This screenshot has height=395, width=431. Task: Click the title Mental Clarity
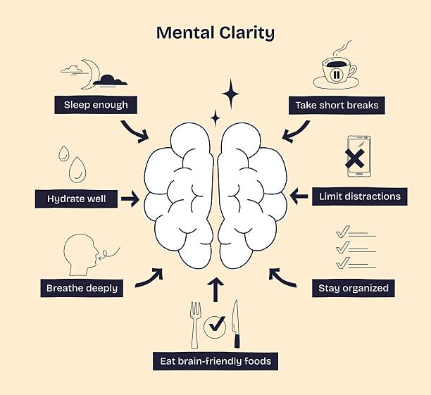point(215,33)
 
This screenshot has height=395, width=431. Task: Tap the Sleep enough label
point(96,105)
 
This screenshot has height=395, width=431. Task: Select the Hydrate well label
point(76,199)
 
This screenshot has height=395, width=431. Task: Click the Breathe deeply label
point(82,288)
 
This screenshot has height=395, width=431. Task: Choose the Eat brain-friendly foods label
point(215,361)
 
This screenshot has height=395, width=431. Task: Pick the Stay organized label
point(353,288)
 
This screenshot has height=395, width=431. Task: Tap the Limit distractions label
point(360,196)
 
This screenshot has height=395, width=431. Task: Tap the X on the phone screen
point(356,159)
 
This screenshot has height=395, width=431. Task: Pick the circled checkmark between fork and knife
point(215,325)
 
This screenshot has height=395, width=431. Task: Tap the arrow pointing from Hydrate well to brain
point(130,199)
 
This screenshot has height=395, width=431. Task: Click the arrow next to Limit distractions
point(299,196)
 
